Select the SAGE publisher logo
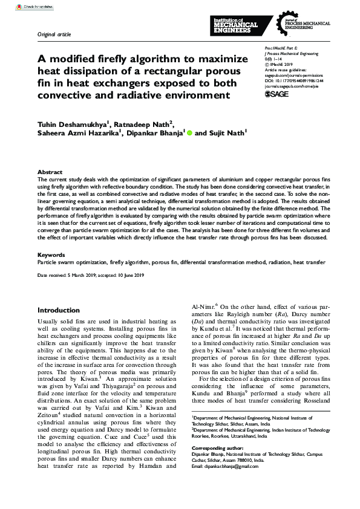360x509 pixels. pyautogui.click(x=277, y=94)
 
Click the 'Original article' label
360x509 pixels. pyautogui.click(x=54, y=34)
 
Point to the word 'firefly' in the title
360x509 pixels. pyautogui.click(x=118, y=59)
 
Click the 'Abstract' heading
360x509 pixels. pyautogui.click(x=50, y=172)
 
